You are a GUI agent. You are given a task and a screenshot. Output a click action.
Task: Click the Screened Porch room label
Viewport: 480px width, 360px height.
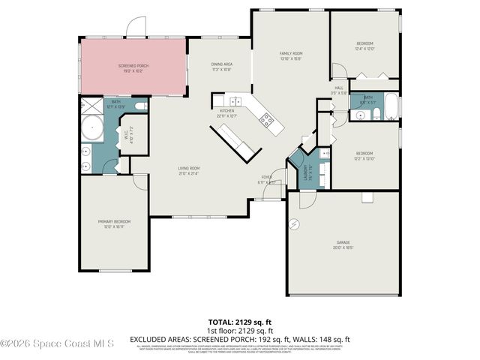pos(133,68)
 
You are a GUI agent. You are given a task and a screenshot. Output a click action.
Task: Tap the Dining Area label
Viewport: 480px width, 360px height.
pos(221,66)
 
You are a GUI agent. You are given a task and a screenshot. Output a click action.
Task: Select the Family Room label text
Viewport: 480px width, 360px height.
pos(291,55)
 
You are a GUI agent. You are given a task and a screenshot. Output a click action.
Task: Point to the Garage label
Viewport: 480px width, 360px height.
pos(343,244)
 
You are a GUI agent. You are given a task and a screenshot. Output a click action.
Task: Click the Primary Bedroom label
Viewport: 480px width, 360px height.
pos(115,223)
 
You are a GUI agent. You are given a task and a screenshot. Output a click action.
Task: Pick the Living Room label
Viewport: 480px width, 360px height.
pos(189,170)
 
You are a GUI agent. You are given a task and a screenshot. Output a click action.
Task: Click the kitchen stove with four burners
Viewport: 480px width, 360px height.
pos(266,118)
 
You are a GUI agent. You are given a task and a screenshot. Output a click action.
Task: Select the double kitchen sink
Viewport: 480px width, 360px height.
pos(235,100)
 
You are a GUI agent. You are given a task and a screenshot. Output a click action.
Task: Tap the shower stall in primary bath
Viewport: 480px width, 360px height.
pos(88,106)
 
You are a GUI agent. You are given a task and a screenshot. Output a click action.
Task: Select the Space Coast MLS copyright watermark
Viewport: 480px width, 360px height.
pos(57,343)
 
